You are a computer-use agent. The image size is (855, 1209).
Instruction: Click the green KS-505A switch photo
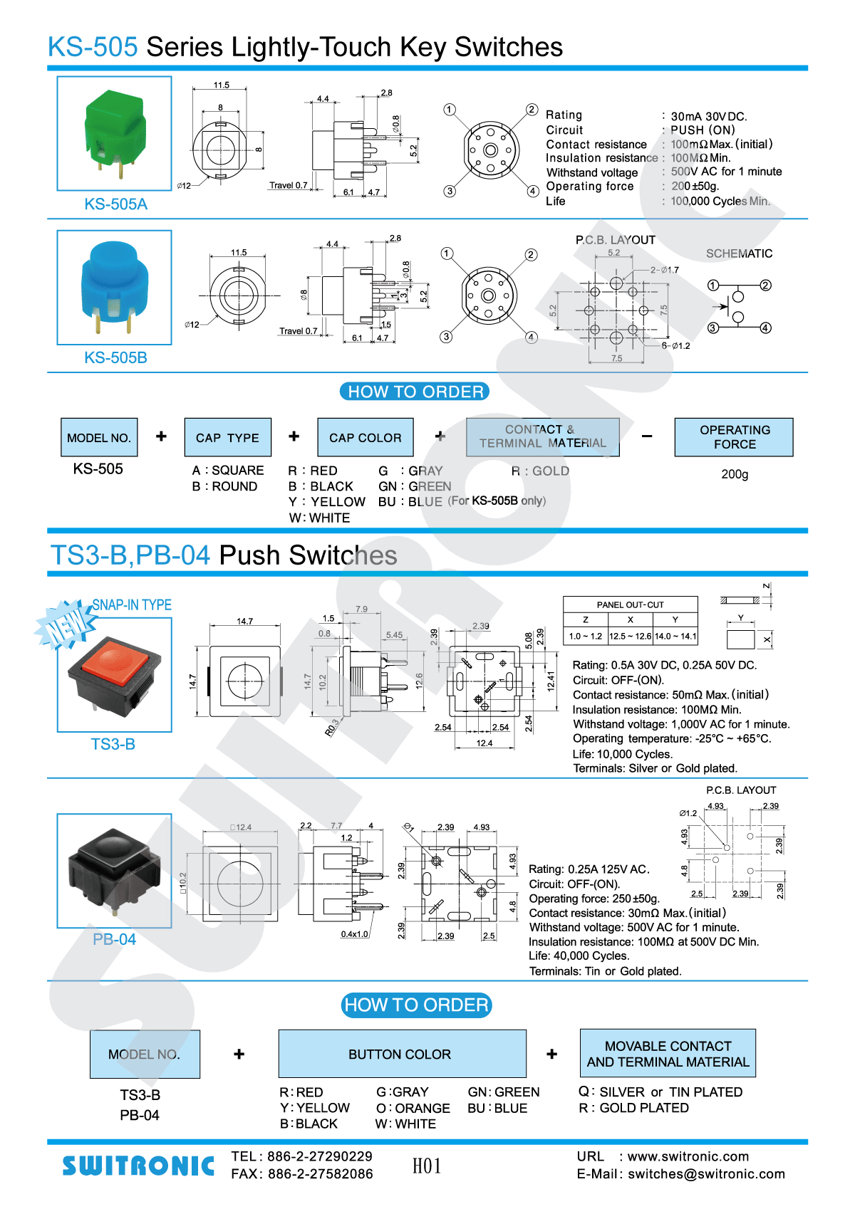114,133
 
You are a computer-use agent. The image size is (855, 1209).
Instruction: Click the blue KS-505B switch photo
114,287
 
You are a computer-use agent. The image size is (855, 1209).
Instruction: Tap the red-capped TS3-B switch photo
114,674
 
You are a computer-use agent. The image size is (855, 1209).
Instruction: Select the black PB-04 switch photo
114,870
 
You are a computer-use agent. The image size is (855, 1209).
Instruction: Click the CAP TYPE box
227,437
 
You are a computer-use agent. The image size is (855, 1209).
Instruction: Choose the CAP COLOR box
365,437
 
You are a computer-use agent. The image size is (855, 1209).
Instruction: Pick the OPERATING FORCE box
734,437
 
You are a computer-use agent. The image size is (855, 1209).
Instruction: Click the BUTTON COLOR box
402,1054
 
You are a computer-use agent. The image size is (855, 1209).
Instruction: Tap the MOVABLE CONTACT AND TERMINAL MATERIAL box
668,1054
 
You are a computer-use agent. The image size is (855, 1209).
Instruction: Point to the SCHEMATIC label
739,253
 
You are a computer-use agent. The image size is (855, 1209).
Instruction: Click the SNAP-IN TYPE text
132,605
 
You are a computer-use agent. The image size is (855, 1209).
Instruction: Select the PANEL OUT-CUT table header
630,604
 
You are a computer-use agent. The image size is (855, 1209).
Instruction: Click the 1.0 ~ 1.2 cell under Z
585,636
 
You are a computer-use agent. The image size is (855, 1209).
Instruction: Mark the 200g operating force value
735,474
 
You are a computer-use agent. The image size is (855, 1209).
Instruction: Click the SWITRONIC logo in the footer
138,1166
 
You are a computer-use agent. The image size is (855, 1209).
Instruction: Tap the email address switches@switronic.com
706,1174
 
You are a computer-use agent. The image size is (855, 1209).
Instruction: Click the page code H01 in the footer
427,1166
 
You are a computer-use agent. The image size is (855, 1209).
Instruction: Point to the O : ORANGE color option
413,1108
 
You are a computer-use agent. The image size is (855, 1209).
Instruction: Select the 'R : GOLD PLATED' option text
634,1108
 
